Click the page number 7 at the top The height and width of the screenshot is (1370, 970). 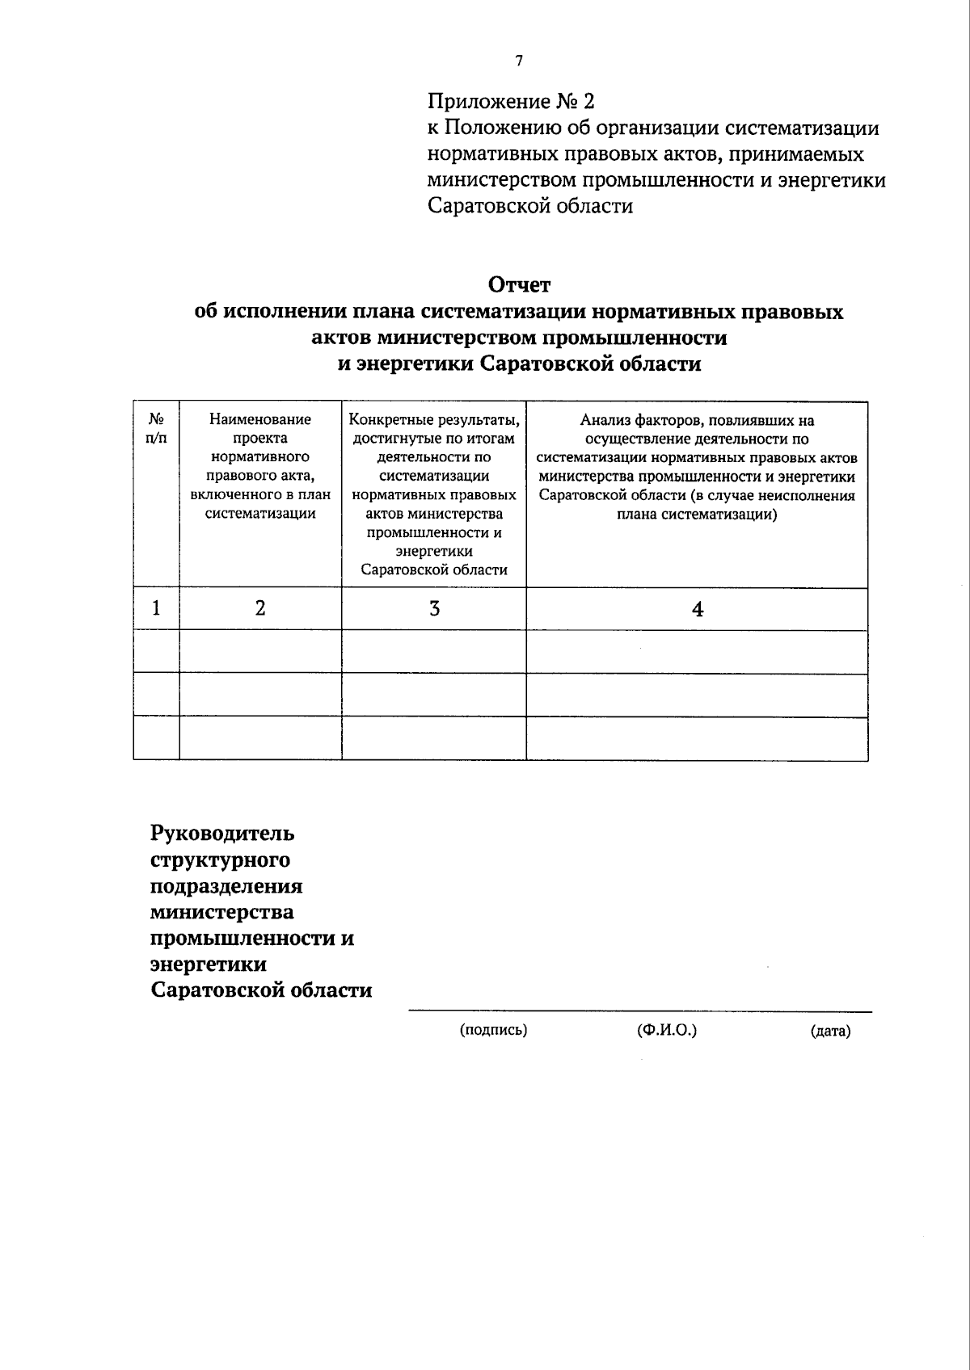click(x=518, y=61)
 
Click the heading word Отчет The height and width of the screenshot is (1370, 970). click(x=518, y=285)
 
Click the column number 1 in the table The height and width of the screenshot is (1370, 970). click(x=156, y=607)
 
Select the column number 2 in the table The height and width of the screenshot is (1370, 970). click(x=260, y=607)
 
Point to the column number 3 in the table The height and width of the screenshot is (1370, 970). click(x=434, y=608)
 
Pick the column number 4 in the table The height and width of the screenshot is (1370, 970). click(x=698, y=609)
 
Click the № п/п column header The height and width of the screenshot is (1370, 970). click(x=157, y=429)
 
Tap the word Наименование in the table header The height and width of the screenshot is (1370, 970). click(x=260, y=419)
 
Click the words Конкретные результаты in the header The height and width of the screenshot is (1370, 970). click(x=434, y=419)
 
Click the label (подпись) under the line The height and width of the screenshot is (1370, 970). click(x=493, y=1030)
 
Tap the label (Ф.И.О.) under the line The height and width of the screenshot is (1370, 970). click(x=667, y=1030)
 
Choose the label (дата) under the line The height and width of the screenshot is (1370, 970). click(x=830, y=1031)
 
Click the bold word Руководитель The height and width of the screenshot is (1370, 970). click(x=222, y=833)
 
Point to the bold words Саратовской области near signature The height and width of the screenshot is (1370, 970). click(x=261, y=990)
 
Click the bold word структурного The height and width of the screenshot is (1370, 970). click(x=221, y=859)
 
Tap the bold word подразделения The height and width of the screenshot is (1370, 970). click(x=226, y=885)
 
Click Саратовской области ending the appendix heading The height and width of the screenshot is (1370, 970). click(x=529, y=206)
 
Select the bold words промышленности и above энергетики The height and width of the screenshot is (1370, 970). click(x=252, y=939)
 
